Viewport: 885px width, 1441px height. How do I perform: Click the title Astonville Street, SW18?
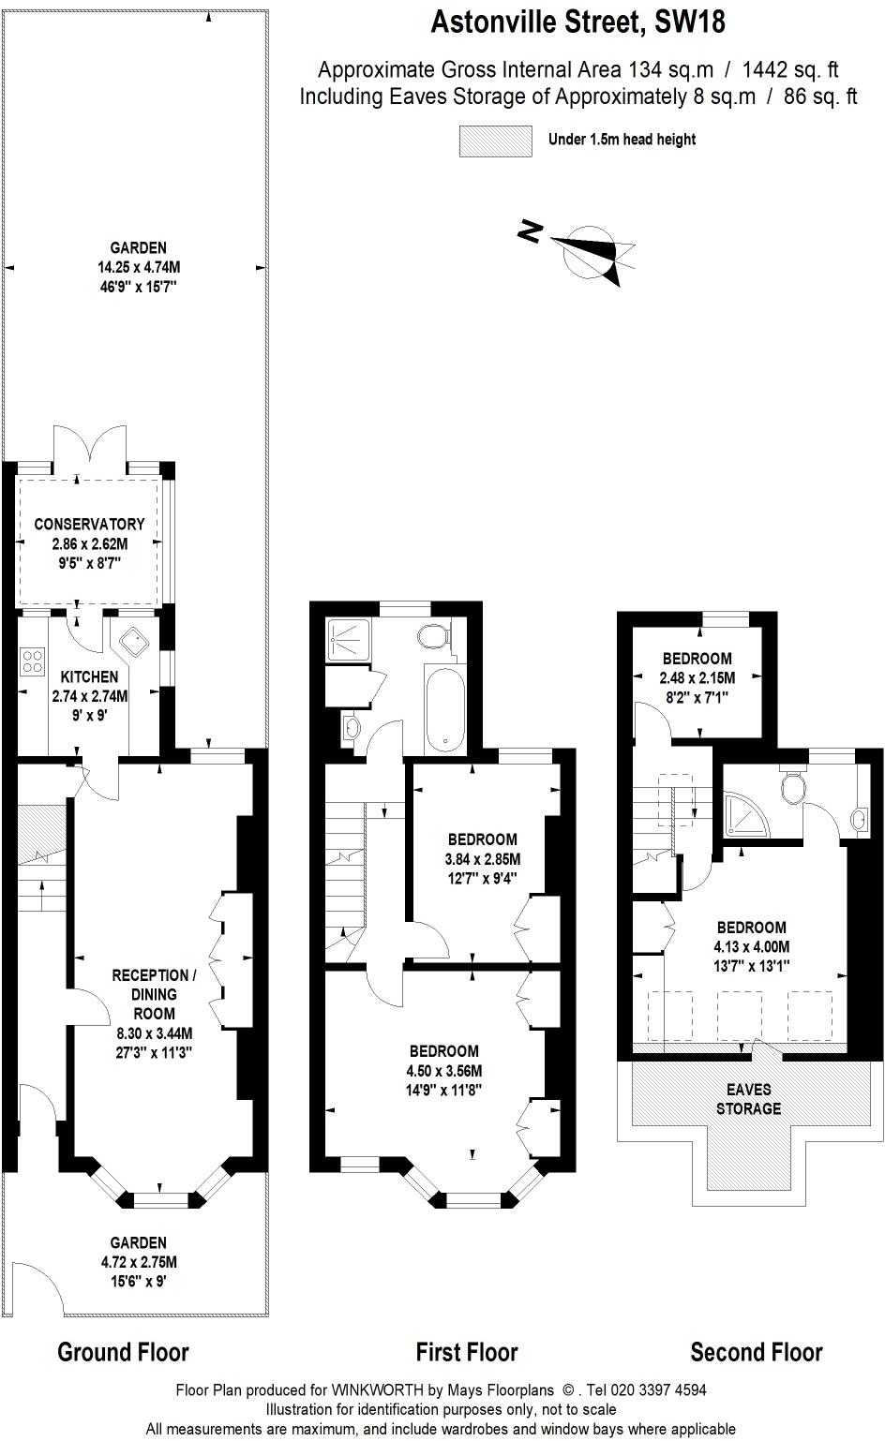(577, 22)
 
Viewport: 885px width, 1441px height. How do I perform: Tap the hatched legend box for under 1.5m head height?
(495, 141)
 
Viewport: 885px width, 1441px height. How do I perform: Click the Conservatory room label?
(89, 524)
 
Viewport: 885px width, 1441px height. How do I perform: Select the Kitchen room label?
(89, 676)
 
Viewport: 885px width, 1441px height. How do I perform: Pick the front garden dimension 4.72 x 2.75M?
(139, 1262)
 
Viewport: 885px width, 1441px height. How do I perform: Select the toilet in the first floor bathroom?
(434, 636)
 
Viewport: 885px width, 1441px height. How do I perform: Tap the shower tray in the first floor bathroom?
(348, 640)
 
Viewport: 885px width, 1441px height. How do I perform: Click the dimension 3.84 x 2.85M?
(482, 859)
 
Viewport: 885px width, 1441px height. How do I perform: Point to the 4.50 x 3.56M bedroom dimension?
(443, 1071)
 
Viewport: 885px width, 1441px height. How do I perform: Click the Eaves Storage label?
(748, 1099)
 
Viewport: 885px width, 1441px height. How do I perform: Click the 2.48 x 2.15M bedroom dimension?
(697, 678)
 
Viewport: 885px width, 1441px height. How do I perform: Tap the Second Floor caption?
(756, 1352)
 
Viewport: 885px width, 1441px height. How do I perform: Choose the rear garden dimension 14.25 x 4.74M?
(139, 267)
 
